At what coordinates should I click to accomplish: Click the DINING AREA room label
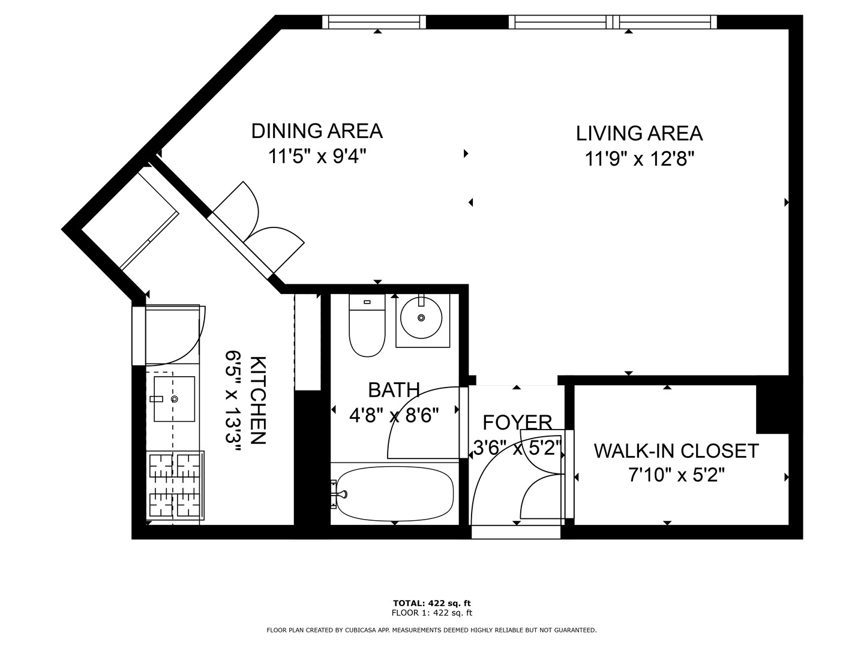point(317,131)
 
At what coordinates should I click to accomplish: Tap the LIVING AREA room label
point(639,133)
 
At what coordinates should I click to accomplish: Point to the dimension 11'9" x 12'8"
point(639,160)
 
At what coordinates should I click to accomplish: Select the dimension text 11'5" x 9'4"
point(317,157)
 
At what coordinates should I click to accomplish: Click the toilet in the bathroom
point(367,325)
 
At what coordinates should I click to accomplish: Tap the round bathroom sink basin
point(421,317)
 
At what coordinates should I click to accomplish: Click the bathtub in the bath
point(394,494)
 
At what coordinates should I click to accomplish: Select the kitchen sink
point(174,399)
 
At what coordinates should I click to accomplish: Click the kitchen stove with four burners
point(175,485)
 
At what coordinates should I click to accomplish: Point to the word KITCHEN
point(258,400)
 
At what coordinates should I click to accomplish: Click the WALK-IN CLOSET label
point(676,451)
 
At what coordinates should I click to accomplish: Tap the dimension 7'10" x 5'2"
point(676,476)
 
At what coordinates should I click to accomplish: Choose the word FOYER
point(517,422)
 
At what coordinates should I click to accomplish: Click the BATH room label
point(394,390)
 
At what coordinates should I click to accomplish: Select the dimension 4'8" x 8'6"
point(394,415)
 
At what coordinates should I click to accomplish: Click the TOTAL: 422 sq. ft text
point(432,603)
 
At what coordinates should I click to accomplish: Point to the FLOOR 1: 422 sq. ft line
point(432,613)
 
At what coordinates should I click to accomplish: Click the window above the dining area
point(374,22)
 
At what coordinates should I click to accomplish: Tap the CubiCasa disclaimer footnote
point(432,630)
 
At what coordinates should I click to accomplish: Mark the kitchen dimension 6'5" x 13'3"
point(233,400)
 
